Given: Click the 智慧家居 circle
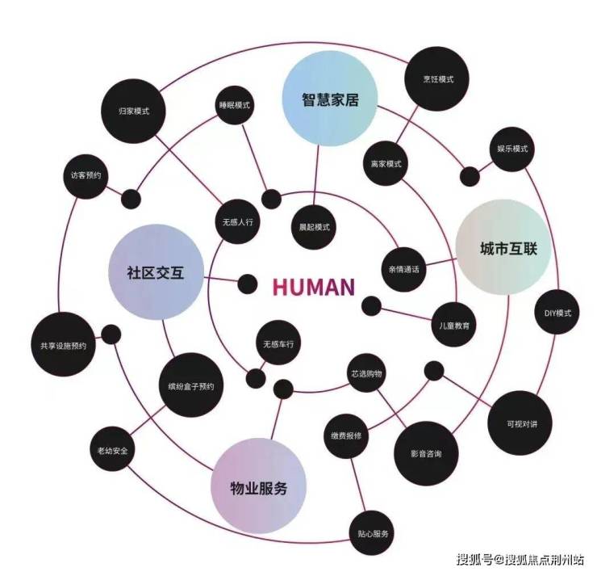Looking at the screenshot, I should (329, 101).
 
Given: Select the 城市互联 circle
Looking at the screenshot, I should (503, 247).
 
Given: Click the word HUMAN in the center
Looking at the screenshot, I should (313, 287).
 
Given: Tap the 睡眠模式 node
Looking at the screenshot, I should (235, 106).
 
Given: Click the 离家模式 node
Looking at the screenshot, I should (386, 163).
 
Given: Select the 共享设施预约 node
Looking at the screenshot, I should (63, 345).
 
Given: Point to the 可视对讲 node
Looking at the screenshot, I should (516, 423).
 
